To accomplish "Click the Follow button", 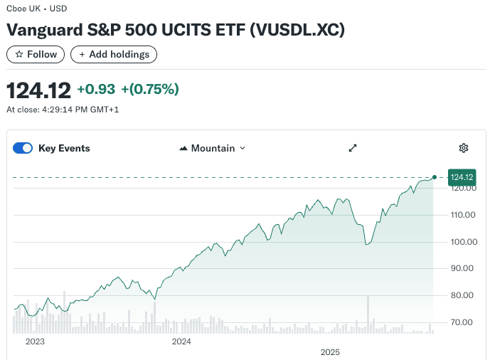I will click(36, 54).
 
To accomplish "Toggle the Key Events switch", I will click(23, 148).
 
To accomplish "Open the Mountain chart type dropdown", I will click(213, 148).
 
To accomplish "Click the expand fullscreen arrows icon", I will click(352, 148).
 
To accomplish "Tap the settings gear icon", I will click(464, 148).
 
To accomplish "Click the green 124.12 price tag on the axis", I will click(462, 176).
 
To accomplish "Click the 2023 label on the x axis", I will click(35, 342).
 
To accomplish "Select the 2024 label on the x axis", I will click(181, 342).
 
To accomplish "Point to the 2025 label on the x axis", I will click(330, 352).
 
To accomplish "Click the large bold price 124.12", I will click(39, 90).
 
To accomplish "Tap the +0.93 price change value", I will click(96, 90).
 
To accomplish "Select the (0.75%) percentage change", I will click(150, 90).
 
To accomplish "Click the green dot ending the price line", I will click(435, 176).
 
